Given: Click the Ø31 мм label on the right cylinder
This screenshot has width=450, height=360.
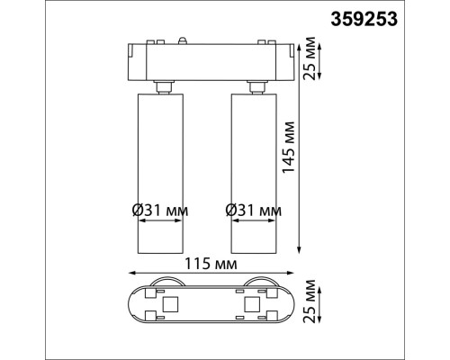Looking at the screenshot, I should point(252,211).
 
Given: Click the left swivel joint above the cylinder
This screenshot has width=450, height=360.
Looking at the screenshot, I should point(164,85).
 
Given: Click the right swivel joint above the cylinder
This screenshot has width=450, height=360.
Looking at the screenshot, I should point(256,85).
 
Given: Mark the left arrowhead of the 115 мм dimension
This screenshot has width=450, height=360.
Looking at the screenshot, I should point(131,274).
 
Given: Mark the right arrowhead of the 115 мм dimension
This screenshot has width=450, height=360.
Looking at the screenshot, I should point(294,274).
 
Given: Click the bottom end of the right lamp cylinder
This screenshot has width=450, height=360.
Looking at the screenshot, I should point(256,253).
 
